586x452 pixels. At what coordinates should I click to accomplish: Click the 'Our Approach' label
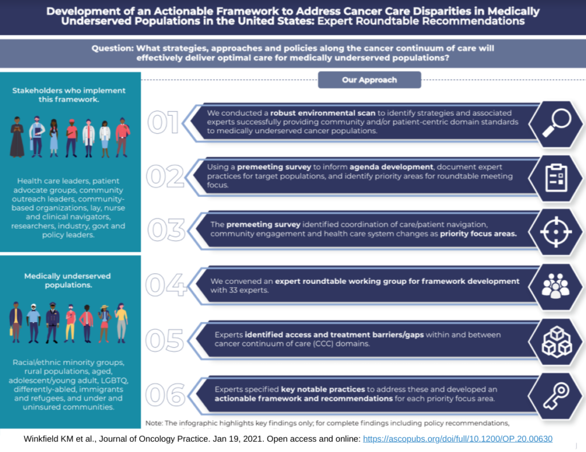pos(369,80)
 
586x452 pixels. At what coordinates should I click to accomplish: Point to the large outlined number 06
pos(165,395)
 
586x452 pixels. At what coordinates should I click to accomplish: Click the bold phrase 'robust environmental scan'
pos(324,113)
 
